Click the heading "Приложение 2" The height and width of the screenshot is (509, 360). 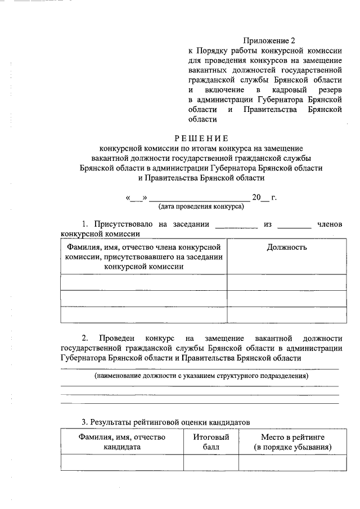pos(269,40)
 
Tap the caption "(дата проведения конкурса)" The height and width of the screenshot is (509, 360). pos(201,206)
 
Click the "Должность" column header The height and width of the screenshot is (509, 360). pos(286,247)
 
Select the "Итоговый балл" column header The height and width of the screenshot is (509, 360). pos(211,442)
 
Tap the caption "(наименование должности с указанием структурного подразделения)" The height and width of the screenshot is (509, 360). pos(201,375)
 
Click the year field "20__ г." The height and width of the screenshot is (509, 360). pos(264,198)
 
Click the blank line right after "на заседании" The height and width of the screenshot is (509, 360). pos(236,226)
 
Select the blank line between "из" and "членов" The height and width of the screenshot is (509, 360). pos(294,226)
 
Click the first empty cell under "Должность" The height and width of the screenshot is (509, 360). pos(286,282)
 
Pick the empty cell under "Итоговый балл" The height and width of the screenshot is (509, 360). pos(211,462)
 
